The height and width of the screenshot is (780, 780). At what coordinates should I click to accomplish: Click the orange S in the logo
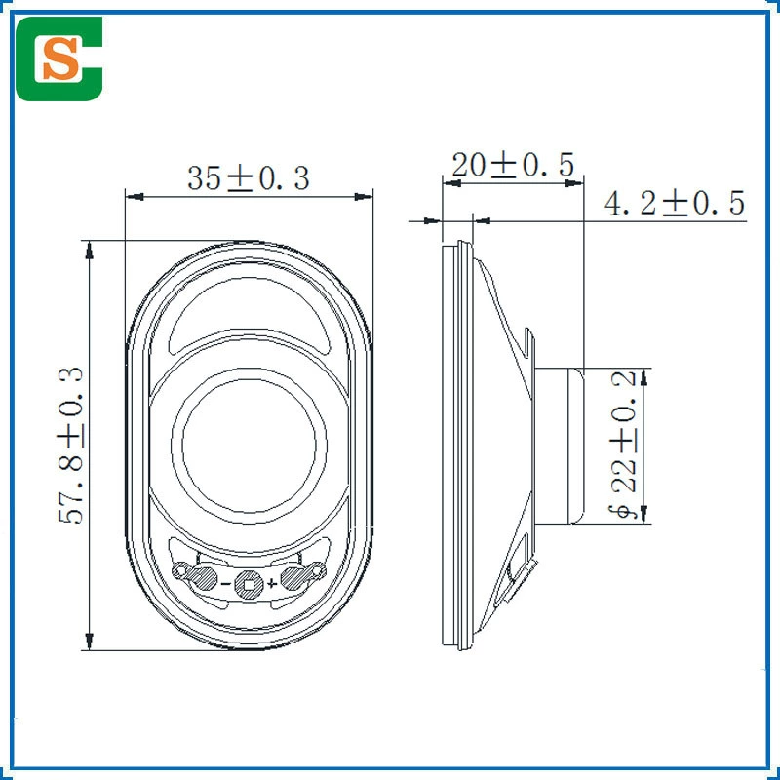[x=60, y=58]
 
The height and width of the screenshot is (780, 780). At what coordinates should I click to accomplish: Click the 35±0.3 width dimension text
[x=249, y=178]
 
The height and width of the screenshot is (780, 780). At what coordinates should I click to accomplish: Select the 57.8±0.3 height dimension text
[x=70, y=446]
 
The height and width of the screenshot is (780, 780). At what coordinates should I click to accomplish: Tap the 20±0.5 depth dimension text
[x=513, y=165]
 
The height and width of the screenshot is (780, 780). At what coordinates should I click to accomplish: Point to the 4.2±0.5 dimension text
[x=675, y=203]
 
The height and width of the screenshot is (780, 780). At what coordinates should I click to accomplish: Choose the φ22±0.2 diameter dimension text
[x=624, y=445]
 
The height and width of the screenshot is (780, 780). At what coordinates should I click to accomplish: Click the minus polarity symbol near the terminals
[x=225, y=583]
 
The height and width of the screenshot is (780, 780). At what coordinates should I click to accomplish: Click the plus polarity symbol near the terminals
[x=271, y=583]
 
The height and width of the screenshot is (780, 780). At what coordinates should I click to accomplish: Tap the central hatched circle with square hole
[x=249, y=584]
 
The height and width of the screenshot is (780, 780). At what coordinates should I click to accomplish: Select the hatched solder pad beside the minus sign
[x=203, y=578]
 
